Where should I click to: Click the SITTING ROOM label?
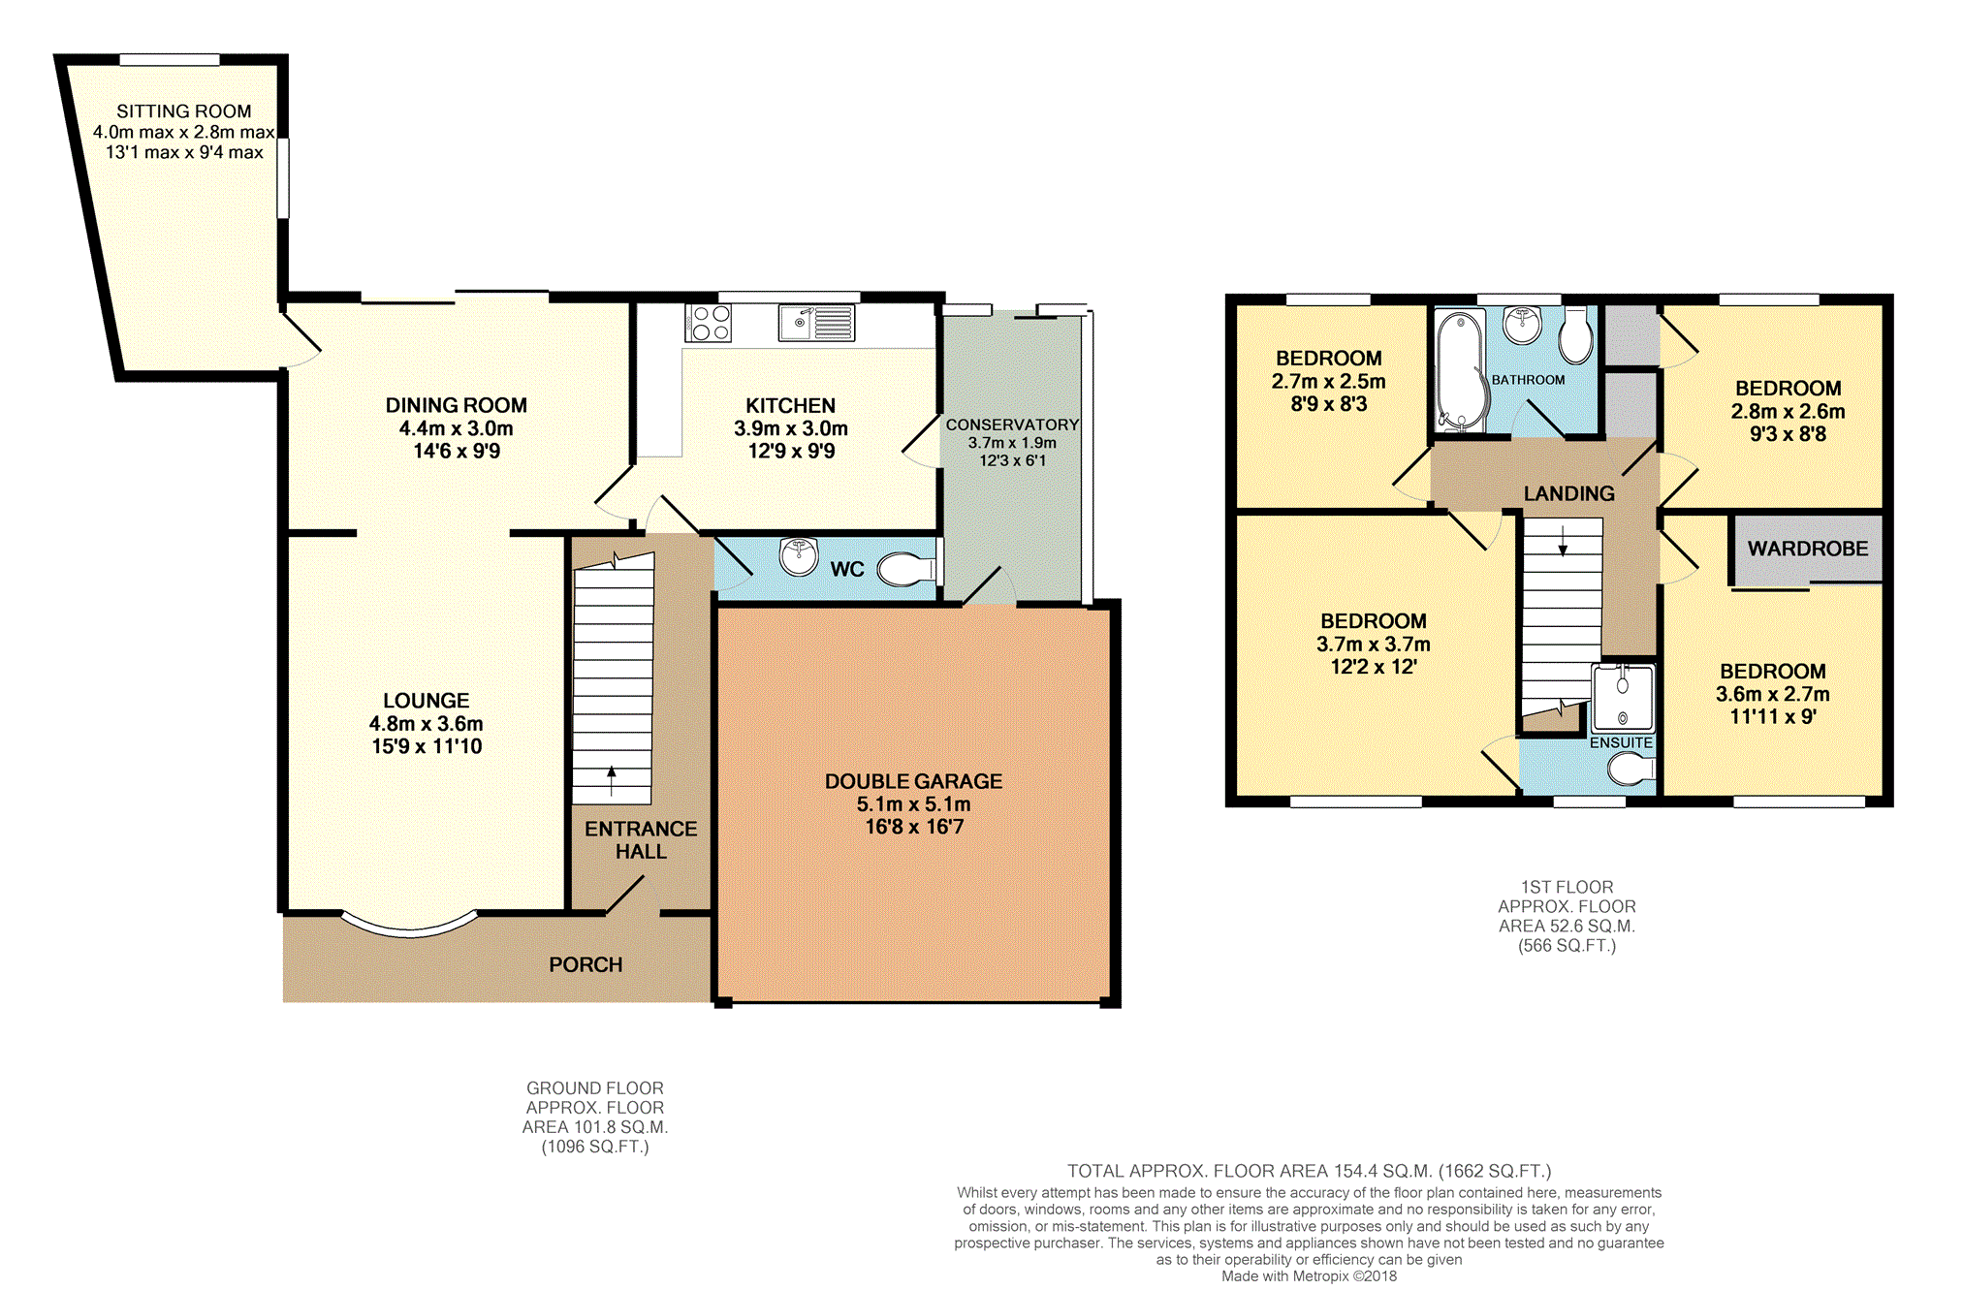coord(184,111)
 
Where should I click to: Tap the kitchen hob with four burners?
coord(709,323)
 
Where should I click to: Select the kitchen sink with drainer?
coord(816,323)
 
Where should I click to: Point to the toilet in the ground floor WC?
coord(907,569)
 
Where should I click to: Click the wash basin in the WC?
coord(799,557)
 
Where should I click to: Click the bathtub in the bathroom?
coord(1460,370)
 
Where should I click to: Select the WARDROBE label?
coord(1808,549)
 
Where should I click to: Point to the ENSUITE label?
coord(1621,742)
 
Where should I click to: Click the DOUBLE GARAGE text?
coord(913,781)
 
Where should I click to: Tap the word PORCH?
coord(586,964)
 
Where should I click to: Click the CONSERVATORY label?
coord(1012,425)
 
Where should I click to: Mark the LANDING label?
coord(1568,493)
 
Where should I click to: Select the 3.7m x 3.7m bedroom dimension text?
coord(1373,644)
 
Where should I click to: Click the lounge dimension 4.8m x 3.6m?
coord(426,723)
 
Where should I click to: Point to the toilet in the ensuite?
coord(1631,771)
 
